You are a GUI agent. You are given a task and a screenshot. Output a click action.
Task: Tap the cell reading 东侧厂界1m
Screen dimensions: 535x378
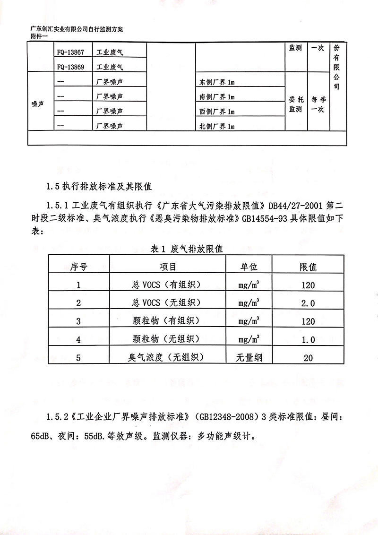tap(217, 83)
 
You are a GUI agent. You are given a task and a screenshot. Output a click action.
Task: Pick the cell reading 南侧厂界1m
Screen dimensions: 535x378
tap(217, 97)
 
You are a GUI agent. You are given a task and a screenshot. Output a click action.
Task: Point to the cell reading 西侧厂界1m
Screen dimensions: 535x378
tap(217, 112)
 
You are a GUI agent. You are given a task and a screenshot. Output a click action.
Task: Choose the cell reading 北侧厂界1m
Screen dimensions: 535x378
tap(217, 127)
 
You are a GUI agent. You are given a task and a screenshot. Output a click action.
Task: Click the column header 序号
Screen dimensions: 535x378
tap(78, 267)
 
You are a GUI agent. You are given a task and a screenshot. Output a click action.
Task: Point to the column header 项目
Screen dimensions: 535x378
tap(168, 267)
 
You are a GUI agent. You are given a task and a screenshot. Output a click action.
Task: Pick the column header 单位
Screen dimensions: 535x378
tap(249, 267)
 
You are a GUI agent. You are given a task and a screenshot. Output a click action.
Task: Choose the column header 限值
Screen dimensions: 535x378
tap(308, 267)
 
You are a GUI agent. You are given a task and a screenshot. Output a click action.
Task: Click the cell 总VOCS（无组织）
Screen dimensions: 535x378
tap(168, 303)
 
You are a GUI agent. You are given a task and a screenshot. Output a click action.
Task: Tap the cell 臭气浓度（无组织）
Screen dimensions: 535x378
tap(168, 357)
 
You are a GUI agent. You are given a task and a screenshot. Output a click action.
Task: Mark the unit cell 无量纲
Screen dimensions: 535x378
tap(249, 357)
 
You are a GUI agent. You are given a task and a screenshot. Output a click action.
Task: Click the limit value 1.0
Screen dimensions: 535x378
tap(308, 339)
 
